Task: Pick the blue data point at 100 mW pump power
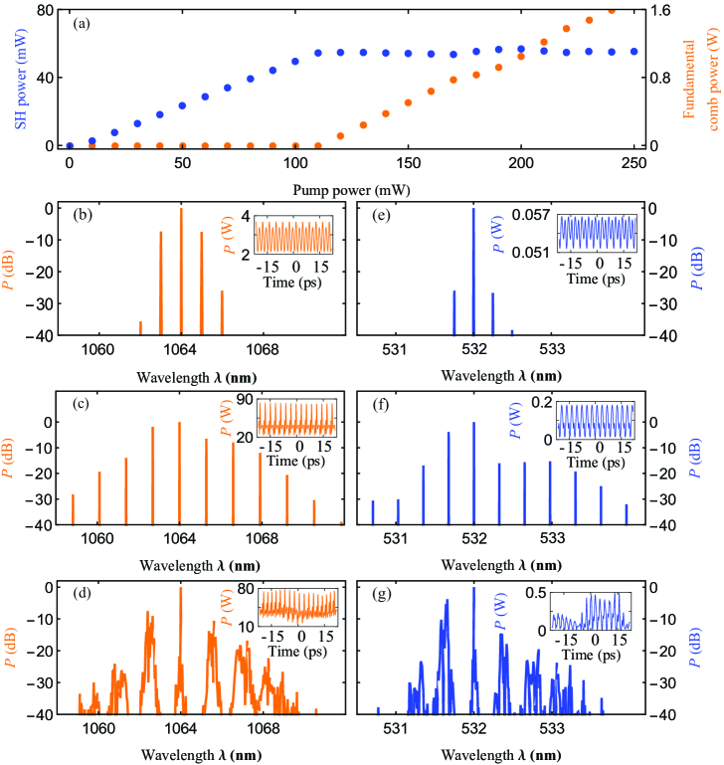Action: (295, 61)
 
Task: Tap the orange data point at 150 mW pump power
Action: (408, 102)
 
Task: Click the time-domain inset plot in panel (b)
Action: (296, 237)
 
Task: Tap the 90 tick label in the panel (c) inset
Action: (242, 402)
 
